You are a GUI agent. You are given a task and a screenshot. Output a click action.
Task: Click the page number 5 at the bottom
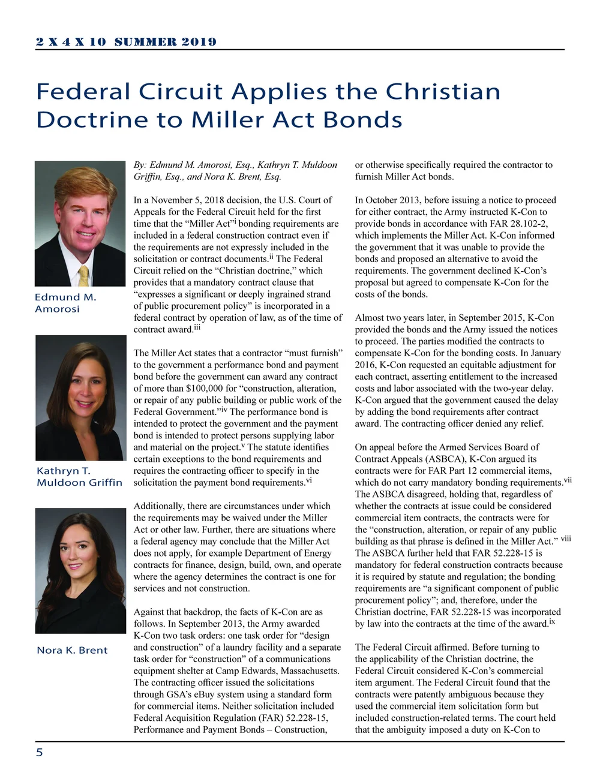(x=40, y=753)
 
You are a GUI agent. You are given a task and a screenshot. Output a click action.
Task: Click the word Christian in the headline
(x=443, y=92)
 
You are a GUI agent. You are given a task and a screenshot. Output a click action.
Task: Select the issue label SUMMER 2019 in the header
(x=165, y=41)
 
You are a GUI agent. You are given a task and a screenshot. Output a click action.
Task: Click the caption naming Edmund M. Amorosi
(x=65, y=303)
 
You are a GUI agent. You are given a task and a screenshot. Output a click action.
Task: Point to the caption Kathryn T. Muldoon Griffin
(x=79, y=476)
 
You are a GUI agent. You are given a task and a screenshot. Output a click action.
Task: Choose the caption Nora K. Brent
(x=72, y=650)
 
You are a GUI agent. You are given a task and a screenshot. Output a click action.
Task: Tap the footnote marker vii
(x=567, y=480)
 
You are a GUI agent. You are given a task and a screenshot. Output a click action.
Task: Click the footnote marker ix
(x=552, y=621)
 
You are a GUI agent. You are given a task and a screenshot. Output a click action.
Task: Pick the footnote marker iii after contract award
(x=197, y=327)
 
